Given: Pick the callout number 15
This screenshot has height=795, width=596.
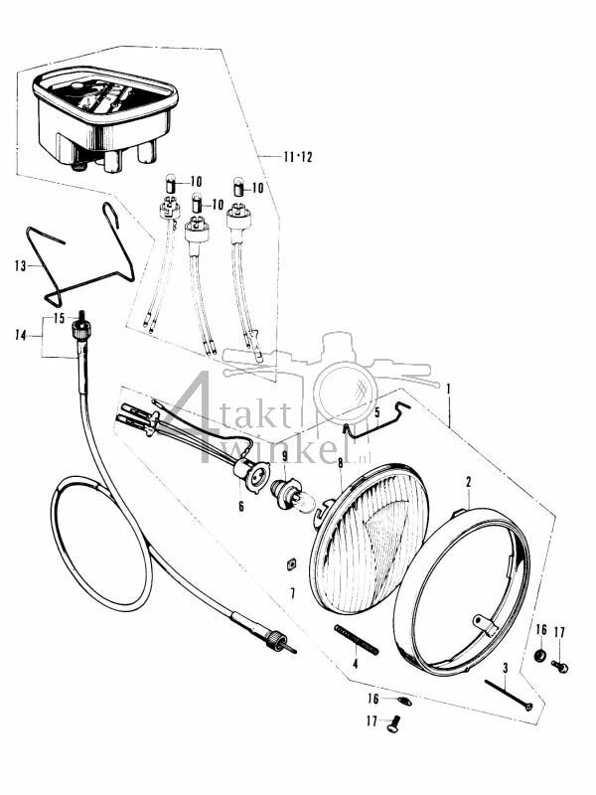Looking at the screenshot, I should [59, 318].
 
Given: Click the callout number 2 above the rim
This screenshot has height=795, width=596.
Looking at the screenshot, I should [468, 482].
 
